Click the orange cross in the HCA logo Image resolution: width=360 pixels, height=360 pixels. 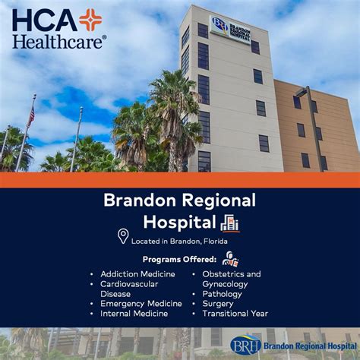point(90,20)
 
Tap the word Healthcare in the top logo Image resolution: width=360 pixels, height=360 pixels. point(59,40)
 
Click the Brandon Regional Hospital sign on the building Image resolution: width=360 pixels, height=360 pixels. point(230,29)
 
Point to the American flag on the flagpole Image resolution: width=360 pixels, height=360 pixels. point(31,115)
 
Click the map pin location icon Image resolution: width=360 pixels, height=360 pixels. point(123,236)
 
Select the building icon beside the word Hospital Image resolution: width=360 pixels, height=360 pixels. point(229,223)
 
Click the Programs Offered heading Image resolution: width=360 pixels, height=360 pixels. point(179,260)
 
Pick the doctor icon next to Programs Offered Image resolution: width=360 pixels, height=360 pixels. point(230,259)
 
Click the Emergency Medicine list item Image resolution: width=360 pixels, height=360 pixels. point(141,304)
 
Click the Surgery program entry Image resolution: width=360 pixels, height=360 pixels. point(218,304)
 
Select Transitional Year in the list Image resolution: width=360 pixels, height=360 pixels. point(235,314)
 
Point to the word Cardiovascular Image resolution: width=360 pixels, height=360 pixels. point(129,284)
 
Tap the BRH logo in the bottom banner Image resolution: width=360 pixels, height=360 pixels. point(245,345)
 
